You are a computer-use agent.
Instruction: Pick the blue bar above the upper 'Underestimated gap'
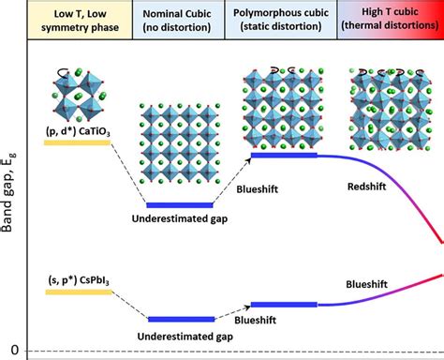point(183,204)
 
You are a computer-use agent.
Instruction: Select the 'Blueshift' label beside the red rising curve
point(366,282)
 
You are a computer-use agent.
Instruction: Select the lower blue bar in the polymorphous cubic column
point(284,304)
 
